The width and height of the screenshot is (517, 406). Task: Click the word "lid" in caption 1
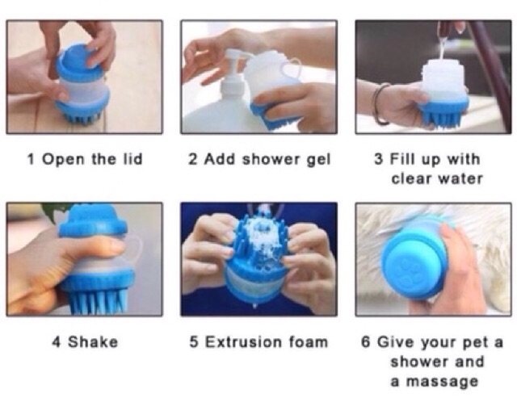132,159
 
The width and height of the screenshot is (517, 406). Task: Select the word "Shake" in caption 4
93,341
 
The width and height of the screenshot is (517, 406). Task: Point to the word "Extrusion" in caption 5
244,341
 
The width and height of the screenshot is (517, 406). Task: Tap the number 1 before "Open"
31,159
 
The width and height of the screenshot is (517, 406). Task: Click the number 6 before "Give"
365,341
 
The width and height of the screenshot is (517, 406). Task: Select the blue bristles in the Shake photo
98,301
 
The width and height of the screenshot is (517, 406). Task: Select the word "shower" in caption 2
272,160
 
